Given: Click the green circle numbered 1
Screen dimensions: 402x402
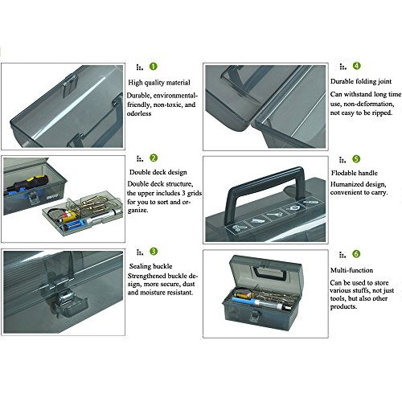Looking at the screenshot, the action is (x=154, y=66).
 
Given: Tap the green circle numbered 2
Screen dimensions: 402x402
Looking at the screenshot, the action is (x=154, y=158).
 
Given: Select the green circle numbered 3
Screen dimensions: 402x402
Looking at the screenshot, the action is (x=154, y=252).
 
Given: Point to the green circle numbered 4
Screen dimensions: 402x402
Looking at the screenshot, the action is (x=357, y=66).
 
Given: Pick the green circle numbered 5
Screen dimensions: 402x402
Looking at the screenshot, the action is (x=356, y=159).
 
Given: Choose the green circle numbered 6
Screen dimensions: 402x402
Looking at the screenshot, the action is (x=356, y=254).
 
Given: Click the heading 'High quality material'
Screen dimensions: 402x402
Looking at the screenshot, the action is (x=159, y=83).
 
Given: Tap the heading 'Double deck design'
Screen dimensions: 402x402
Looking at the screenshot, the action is (x=158, y=172).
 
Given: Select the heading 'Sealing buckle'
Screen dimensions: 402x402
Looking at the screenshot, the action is (x=150, y=266).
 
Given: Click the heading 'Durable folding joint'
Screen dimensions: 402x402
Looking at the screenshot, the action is (x=361, y=81).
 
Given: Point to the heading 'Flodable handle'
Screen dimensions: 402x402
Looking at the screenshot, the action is (x=355, y=173).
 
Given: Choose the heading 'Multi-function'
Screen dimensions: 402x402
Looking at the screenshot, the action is (x=351, y=270).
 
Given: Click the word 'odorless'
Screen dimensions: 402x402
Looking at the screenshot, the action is (x=139, y=113).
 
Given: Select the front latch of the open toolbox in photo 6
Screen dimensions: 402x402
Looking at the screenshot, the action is (x=254, y=315).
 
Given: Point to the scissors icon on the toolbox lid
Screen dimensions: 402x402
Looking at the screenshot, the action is (x=237, y=228).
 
